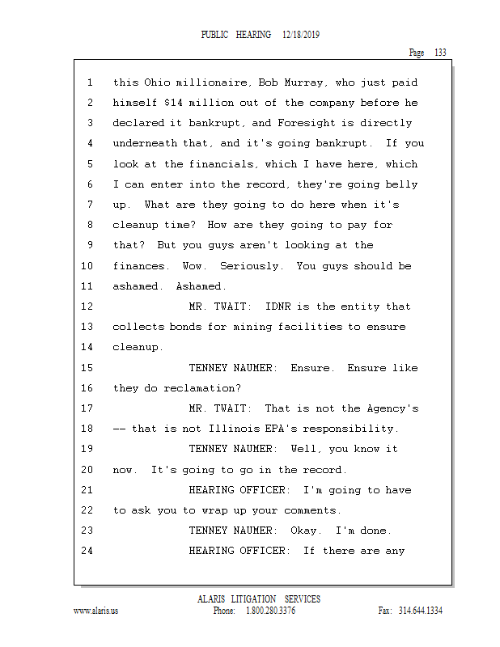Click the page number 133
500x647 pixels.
tap(440, 53)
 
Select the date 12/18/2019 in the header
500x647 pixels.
tap(303, 36)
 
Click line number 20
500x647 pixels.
tap(88, 470)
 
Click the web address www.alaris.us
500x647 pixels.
tap(96, 611)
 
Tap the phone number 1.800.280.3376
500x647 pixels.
tap(270, 611)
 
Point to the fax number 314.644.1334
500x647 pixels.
tap(421, 611)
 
